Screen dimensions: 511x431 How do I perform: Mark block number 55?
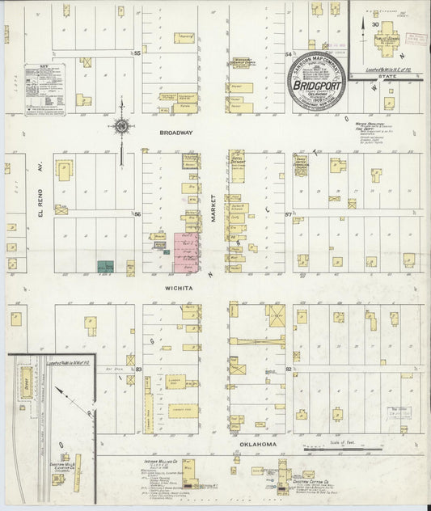tap(137, 53)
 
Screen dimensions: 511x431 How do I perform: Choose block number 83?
tap(138, 369)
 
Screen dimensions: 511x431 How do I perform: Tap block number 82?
tap(288, 369)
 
